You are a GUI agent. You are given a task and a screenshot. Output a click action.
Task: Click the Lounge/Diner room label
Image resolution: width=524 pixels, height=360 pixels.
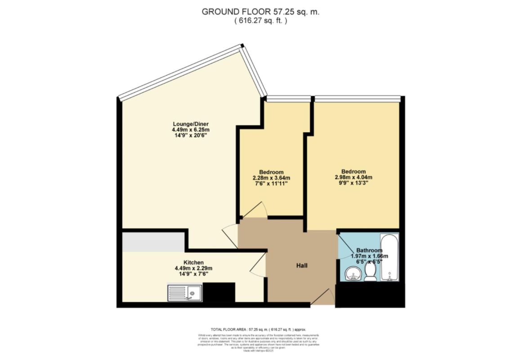pyautogui.click(x=191, y=124)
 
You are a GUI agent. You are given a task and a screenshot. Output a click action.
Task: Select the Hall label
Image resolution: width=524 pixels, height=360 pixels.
pyautogui.click(x=301, y=266)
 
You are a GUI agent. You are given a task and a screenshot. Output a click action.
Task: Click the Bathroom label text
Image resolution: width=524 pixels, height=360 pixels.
pyautogui.click(x=369, y=250)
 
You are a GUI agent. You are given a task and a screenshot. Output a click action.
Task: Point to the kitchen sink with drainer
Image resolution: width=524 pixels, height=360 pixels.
pyautogui.click(x=185, y=292)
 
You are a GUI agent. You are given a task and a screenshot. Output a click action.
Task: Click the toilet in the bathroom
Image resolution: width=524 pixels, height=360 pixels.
pyautogui.click(x=370, y=272)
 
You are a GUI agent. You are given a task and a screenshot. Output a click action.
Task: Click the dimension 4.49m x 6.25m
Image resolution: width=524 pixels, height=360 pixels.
pyautogui.click(x=191, y=130)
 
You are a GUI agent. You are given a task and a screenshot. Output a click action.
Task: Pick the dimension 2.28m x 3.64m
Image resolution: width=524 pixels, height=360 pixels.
pyautogui.click(x=271, y=177)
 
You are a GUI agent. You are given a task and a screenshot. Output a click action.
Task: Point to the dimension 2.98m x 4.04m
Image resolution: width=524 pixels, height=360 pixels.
pyautogui.click(x=353, y=177)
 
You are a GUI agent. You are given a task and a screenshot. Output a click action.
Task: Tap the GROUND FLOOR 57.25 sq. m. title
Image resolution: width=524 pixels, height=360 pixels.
pyautogui.click(x=260, y=12)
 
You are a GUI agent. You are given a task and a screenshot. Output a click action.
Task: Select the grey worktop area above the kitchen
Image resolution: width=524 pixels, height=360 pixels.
pyautogui.click(x=153, y=242)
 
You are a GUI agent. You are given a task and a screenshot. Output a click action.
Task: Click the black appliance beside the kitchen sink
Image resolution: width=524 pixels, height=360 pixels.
pyautogui.click(x=219, y=292)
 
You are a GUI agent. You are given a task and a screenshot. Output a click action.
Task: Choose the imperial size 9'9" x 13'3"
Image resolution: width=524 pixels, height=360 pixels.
pyautogui.click(x=353, y=183)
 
